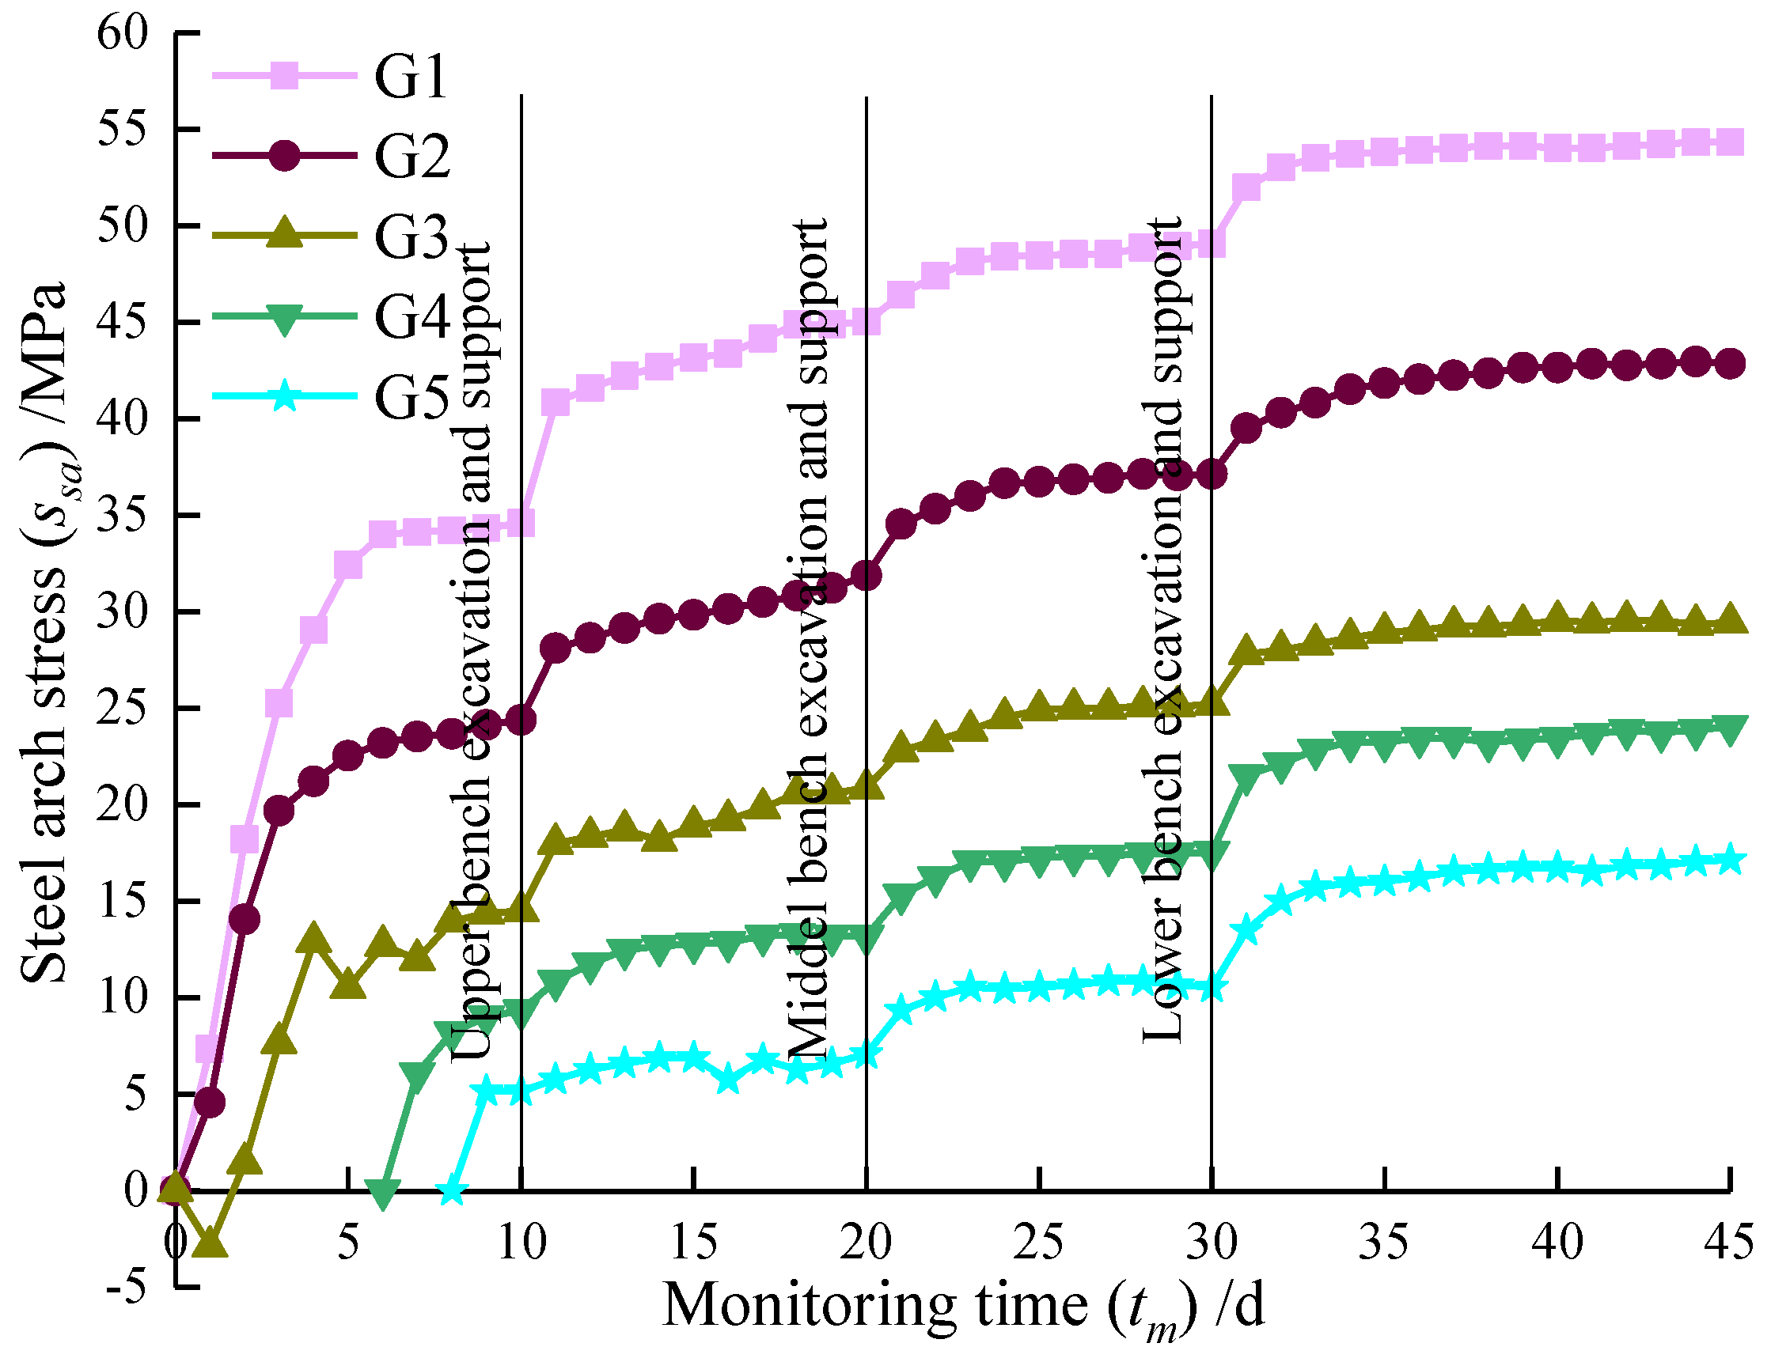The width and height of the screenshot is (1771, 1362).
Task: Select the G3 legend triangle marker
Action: pyautogui.click(x=284, y=233)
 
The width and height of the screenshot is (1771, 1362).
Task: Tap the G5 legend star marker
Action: pyautogui.click(x=284, y=395)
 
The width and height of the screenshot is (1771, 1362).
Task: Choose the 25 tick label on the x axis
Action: pyautogui.click(x=1039, y=1242)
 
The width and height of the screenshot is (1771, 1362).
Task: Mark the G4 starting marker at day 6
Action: pyautogui.click(x=383, y=1193)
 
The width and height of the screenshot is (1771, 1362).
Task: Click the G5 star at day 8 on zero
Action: pyautogui.click(x=453, y=1192)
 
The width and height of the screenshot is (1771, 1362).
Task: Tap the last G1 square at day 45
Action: pyautogui.click(x=1731, y=142)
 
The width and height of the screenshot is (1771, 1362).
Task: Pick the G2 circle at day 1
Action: pyautogui.click(x=210, y=1103)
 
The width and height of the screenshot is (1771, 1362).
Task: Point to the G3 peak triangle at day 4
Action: pyautogui.click(x=314, y=938)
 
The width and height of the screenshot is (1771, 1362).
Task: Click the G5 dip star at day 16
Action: pyautogui.click(x=728, y=1080)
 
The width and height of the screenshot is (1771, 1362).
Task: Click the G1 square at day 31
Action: pyautogui.click(x=1246, y=188)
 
